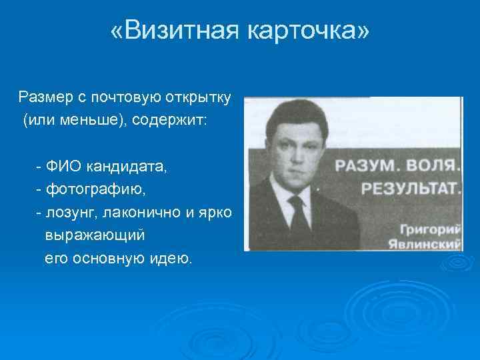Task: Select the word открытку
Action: click(x=199, y=98)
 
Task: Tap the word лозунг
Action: click(x=68, y=212)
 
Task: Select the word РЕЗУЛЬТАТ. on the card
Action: click(x=411, y=187)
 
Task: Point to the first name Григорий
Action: click(x=435, y=227)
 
